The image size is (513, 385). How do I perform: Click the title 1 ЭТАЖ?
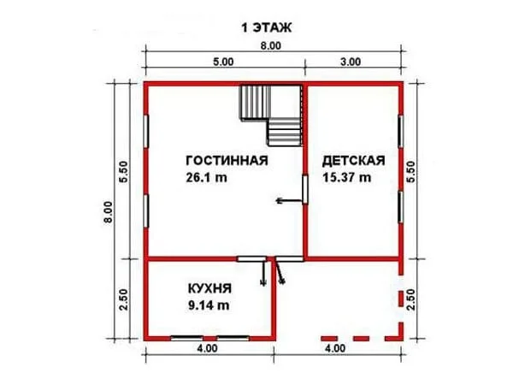(266, 27)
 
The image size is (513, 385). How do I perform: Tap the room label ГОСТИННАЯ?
(227, 161)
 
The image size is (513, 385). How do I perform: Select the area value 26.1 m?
(206, 177)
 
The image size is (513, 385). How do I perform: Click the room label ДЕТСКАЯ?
(354, 161)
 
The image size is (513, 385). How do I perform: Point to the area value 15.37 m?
(347, 177)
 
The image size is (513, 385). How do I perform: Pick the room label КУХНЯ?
(209, 289)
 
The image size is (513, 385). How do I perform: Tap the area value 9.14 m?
(209, 305)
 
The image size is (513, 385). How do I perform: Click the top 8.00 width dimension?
(270, 46)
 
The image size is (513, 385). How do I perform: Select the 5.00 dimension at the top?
(223, 62)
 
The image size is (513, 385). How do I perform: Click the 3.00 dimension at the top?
(351, 62)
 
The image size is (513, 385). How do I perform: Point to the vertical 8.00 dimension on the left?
(109, 212)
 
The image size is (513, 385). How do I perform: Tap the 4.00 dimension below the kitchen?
(207, 348)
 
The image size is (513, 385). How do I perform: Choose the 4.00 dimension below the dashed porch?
(335, 348)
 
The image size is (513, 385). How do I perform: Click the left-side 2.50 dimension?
(124, 299)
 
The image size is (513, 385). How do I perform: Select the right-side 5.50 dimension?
(411, 172)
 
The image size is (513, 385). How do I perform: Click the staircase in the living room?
(270, 115)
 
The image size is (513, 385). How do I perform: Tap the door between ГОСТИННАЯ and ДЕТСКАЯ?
(305, 190)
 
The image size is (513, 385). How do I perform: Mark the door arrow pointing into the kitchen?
(263, 272)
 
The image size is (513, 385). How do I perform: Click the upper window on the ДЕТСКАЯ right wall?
(400, 131)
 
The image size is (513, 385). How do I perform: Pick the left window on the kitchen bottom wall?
(186, 338)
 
